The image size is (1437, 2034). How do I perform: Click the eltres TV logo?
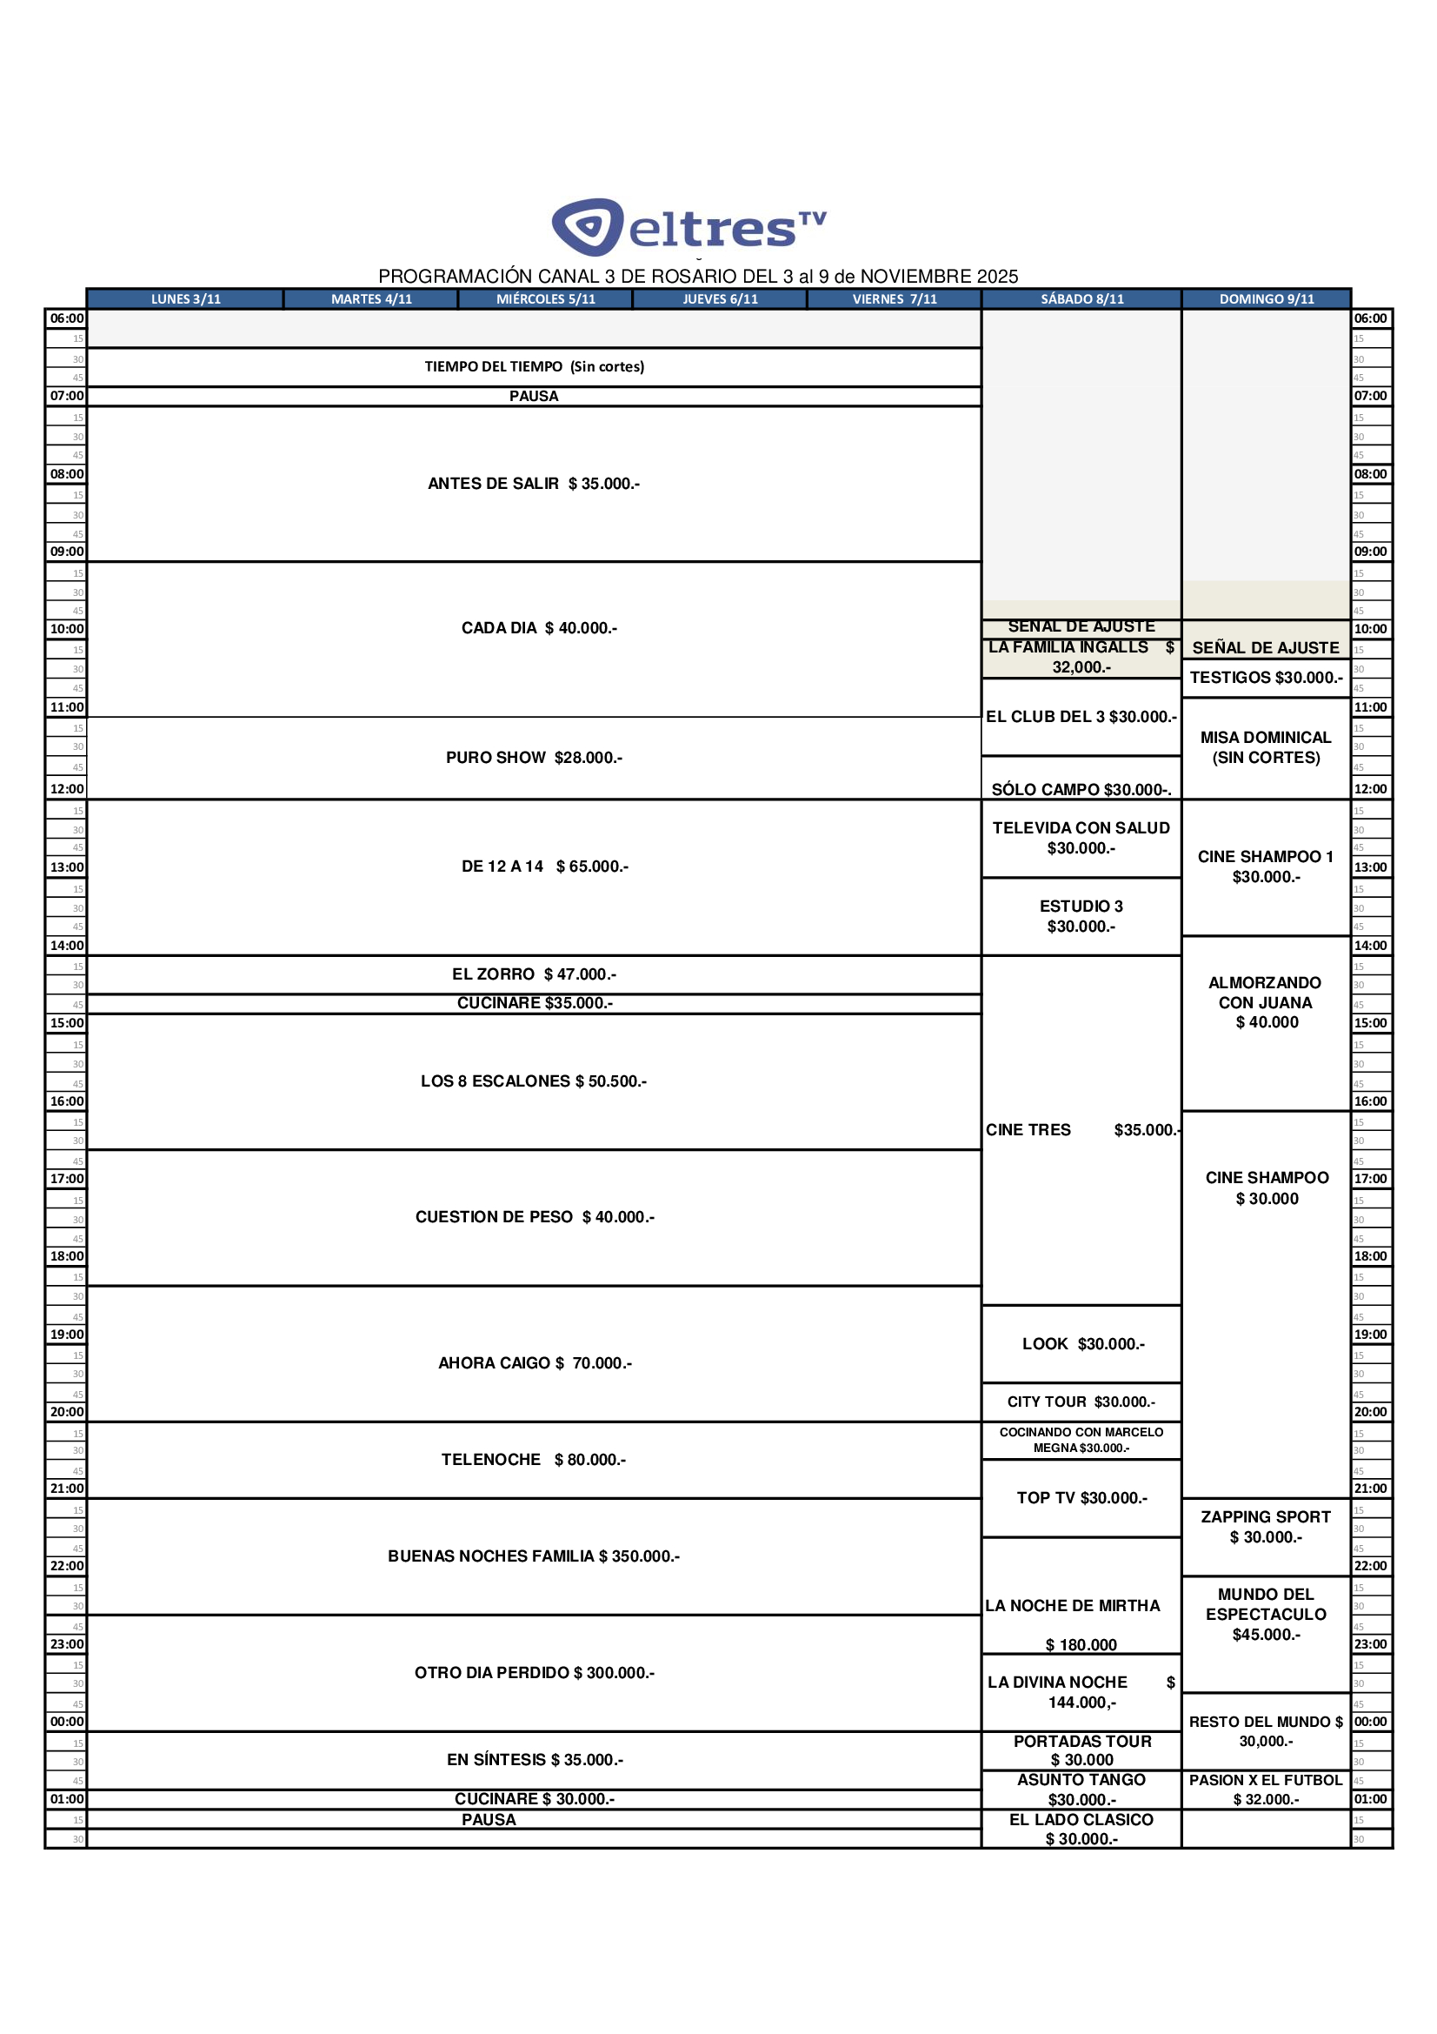click(689, 227)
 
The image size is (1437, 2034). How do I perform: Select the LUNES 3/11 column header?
click(185, 298)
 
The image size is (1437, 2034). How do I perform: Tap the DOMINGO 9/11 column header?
click(1266, 298)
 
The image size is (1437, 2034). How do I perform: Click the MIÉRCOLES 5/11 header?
click(545, 298)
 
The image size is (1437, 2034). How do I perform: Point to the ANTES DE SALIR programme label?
click(493, 484)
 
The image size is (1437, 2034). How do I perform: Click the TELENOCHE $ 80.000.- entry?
click(533, 1459)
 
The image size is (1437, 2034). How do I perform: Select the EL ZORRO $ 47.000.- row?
click(533, 974)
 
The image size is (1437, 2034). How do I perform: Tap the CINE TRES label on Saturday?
click(1028, 1129)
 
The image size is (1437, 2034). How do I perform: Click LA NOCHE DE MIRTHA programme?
click(1072, 1605)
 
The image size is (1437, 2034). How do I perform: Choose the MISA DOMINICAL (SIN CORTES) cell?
click(1265, 746)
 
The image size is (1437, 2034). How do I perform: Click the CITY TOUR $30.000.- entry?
click(1081, 1402)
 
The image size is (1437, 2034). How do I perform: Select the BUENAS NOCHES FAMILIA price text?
click(638, 1556)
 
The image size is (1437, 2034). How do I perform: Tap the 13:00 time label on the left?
click(66, 866)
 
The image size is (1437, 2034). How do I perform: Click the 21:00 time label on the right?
click(1370, 1489)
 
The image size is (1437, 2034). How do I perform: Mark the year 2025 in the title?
click(997, 277)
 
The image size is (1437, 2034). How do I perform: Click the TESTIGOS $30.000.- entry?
click(1265, 678)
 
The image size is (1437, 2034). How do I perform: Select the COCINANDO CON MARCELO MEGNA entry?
click(1081, 1440)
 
